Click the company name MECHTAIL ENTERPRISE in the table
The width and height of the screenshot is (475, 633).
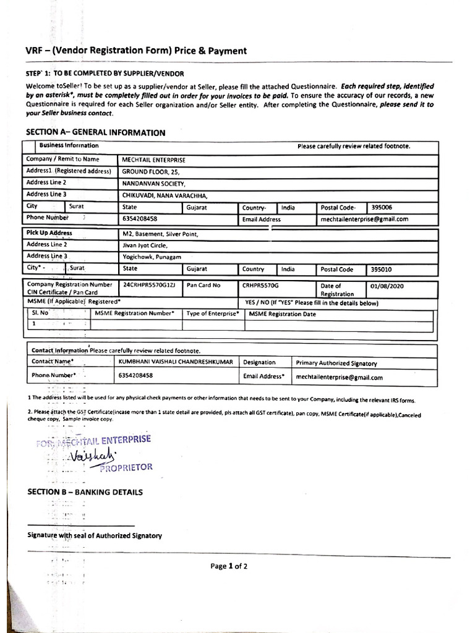(x=153, y=159)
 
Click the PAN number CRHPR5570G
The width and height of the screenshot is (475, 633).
(x=260, y=286)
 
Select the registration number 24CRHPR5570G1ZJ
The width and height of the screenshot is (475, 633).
(x=149, y=286)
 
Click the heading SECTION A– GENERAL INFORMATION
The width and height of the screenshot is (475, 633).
(x=95, y=132)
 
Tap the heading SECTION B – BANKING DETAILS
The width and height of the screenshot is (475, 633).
(x=85, y=492)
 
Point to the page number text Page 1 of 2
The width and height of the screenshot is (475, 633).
(x=229, y=566)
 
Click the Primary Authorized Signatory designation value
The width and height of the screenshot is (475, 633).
(x=336, y=363)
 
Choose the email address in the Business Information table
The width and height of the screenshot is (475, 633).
(x=364, y=219)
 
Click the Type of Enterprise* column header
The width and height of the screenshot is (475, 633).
(x=212, y=314)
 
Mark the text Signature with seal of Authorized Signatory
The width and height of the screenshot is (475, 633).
(x=95, y=535)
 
